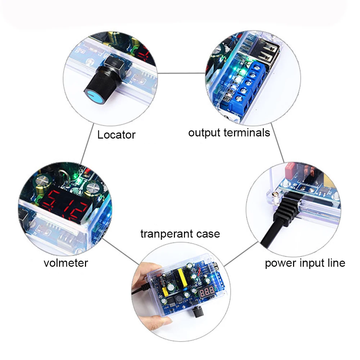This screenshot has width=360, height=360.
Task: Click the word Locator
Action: coord(116,135)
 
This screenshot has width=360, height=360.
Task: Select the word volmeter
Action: coord(66,263)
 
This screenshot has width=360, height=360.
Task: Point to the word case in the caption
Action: coord(206,234)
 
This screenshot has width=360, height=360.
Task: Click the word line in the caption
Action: coord(336,263)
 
